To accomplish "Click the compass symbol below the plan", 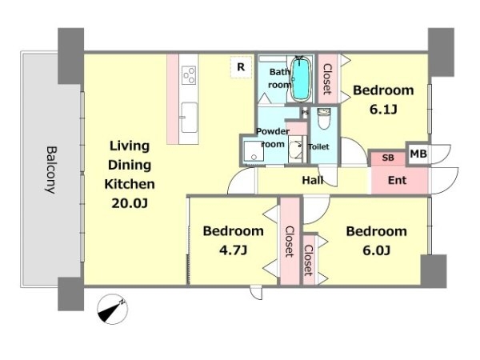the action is (112, 309).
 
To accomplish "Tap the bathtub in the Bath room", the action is (301, 79).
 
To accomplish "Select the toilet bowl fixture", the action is (324, 118).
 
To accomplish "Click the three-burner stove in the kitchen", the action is (189, 75).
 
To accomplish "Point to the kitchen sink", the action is (189, 118).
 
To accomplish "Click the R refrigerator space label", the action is (241, 67).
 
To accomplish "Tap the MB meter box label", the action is (418, 154).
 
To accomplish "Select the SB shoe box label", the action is (388, 158).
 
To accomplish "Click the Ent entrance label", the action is (397, 180).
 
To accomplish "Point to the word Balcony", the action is (51, 170).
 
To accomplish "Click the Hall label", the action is (313, 180).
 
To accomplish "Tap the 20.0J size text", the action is (130, 203).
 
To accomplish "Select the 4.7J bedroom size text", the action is (233, 250).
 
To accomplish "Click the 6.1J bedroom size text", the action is (383, 110).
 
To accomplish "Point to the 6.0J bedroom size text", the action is (377, 250).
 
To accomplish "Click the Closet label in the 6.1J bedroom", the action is (327, 79).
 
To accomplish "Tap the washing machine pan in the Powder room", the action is (254, 151).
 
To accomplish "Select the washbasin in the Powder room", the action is (296, 150).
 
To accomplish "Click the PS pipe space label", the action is (305, 112).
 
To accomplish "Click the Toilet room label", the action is (318, 147).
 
